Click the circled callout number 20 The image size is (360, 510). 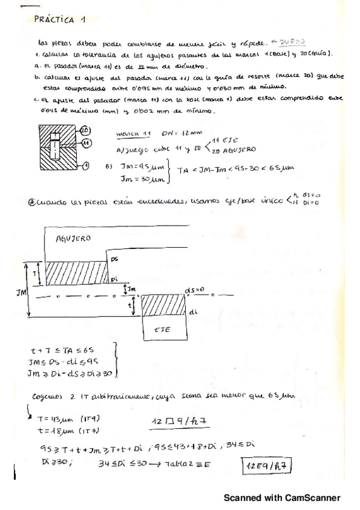pyautogui.click(x=84, y=131)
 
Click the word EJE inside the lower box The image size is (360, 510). pyautogui.click(x=163, y=330)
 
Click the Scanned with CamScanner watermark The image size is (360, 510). pyautogui.click(x=282, y=498)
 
